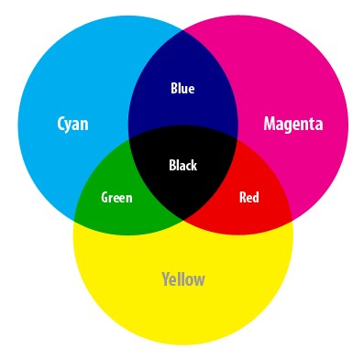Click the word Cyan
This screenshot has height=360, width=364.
72,123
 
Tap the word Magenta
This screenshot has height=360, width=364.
293,123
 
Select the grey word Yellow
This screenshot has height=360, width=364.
183,278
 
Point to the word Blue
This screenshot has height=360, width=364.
182,89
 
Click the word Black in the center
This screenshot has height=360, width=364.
182,166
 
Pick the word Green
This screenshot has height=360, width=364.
116,197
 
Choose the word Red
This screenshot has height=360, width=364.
248,197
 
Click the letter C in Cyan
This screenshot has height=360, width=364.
61,123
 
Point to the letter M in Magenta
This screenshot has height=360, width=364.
270,123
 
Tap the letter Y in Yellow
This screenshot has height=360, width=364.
165,278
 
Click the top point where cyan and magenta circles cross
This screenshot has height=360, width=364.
183,30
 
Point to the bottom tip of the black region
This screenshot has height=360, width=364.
183,221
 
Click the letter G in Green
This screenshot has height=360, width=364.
105,197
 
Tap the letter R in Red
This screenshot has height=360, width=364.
242,197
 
